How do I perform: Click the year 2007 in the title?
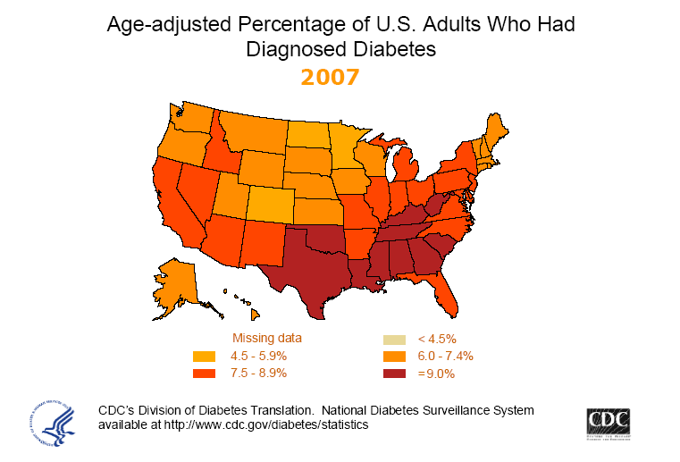click(x=330, y=78)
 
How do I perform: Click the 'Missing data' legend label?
click(x=267, y=339)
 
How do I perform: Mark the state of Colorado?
click(x=269, y=205)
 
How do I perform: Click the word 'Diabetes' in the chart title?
click(x=383, y=50)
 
